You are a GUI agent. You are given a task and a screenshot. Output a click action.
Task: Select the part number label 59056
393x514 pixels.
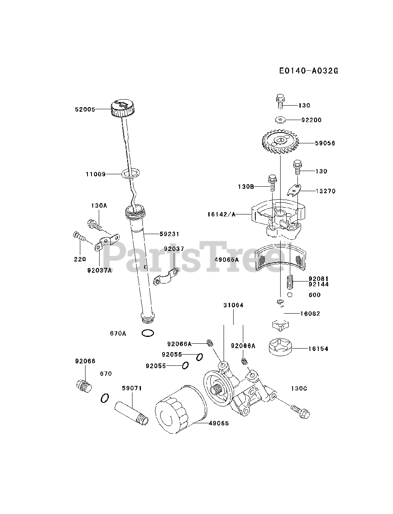pos(325,143)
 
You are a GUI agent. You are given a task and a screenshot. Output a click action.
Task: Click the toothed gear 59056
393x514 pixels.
pos(280,143)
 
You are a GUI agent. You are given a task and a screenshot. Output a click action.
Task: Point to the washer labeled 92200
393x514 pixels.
pos(280,120)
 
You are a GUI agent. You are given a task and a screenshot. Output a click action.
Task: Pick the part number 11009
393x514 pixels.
pos(96,174)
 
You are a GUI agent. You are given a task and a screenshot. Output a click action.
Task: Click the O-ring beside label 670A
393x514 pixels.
pos(148,333)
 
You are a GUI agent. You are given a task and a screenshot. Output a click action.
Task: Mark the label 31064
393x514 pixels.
pos(234,305)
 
